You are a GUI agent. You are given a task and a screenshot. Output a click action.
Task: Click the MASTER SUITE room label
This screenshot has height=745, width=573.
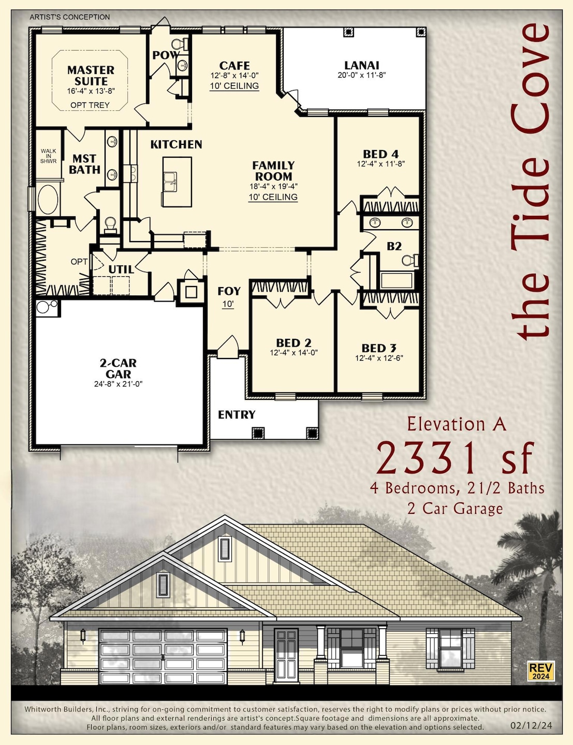[91, 76]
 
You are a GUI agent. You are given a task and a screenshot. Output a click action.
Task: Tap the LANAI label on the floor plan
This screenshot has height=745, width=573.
[361, 65]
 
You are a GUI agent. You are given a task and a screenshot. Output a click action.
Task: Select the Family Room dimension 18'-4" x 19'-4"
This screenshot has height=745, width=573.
[273, 186]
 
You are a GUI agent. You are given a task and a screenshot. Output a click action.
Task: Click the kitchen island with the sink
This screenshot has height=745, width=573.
[177, 181]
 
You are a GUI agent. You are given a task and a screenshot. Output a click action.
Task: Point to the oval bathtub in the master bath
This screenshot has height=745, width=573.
[47, 199]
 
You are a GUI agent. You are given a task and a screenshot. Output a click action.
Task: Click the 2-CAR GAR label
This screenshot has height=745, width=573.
[118, 368]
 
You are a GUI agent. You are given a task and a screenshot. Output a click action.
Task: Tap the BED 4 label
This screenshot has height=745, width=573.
[380, 154]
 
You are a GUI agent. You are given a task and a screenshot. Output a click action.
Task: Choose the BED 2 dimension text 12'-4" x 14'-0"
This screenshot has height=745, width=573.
[293, 353]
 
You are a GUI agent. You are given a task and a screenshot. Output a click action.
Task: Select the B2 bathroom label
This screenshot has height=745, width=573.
[394, 246]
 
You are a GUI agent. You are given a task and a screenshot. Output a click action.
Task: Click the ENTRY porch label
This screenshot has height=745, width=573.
[237, 415]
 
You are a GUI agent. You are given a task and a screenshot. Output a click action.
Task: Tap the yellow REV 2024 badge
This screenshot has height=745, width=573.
[541, 671]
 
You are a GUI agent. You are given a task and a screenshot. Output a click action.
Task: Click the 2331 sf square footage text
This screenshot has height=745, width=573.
[454, 458]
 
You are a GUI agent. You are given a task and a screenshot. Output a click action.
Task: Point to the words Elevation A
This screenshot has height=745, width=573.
[456, 424]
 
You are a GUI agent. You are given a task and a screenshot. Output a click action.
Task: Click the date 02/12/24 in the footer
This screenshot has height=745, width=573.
[531, 726]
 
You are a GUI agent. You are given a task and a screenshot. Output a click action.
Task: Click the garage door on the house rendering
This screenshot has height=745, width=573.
[163, 656]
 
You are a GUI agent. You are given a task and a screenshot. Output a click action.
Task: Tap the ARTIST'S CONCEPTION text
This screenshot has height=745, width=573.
[70, 17]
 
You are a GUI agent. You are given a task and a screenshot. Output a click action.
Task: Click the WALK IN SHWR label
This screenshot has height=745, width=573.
[49, 156]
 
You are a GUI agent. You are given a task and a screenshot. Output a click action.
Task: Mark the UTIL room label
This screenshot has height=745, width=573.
[121, 270]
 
